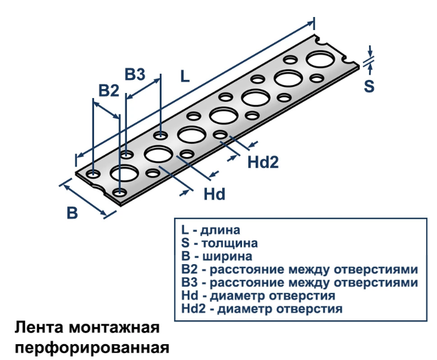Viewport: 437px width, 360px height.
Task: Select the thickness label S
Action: point(369,86)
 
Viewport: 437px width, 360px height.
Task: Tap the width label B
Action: point(72,213)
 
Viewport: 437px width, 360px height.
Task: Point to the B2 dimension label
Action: point(109,91)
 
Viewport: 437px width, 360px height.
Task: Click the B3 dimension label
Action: point(135,74)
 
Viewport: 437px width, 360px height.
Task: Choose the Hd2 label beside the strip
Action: point(263,163)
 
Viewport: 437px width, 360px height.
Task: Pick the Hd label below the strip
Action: point(215,194)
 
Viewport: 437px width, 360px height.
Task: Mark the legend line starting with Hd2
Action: point(261,309)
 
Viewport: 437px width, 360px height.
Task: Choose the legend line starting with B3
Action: point(299,282)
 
